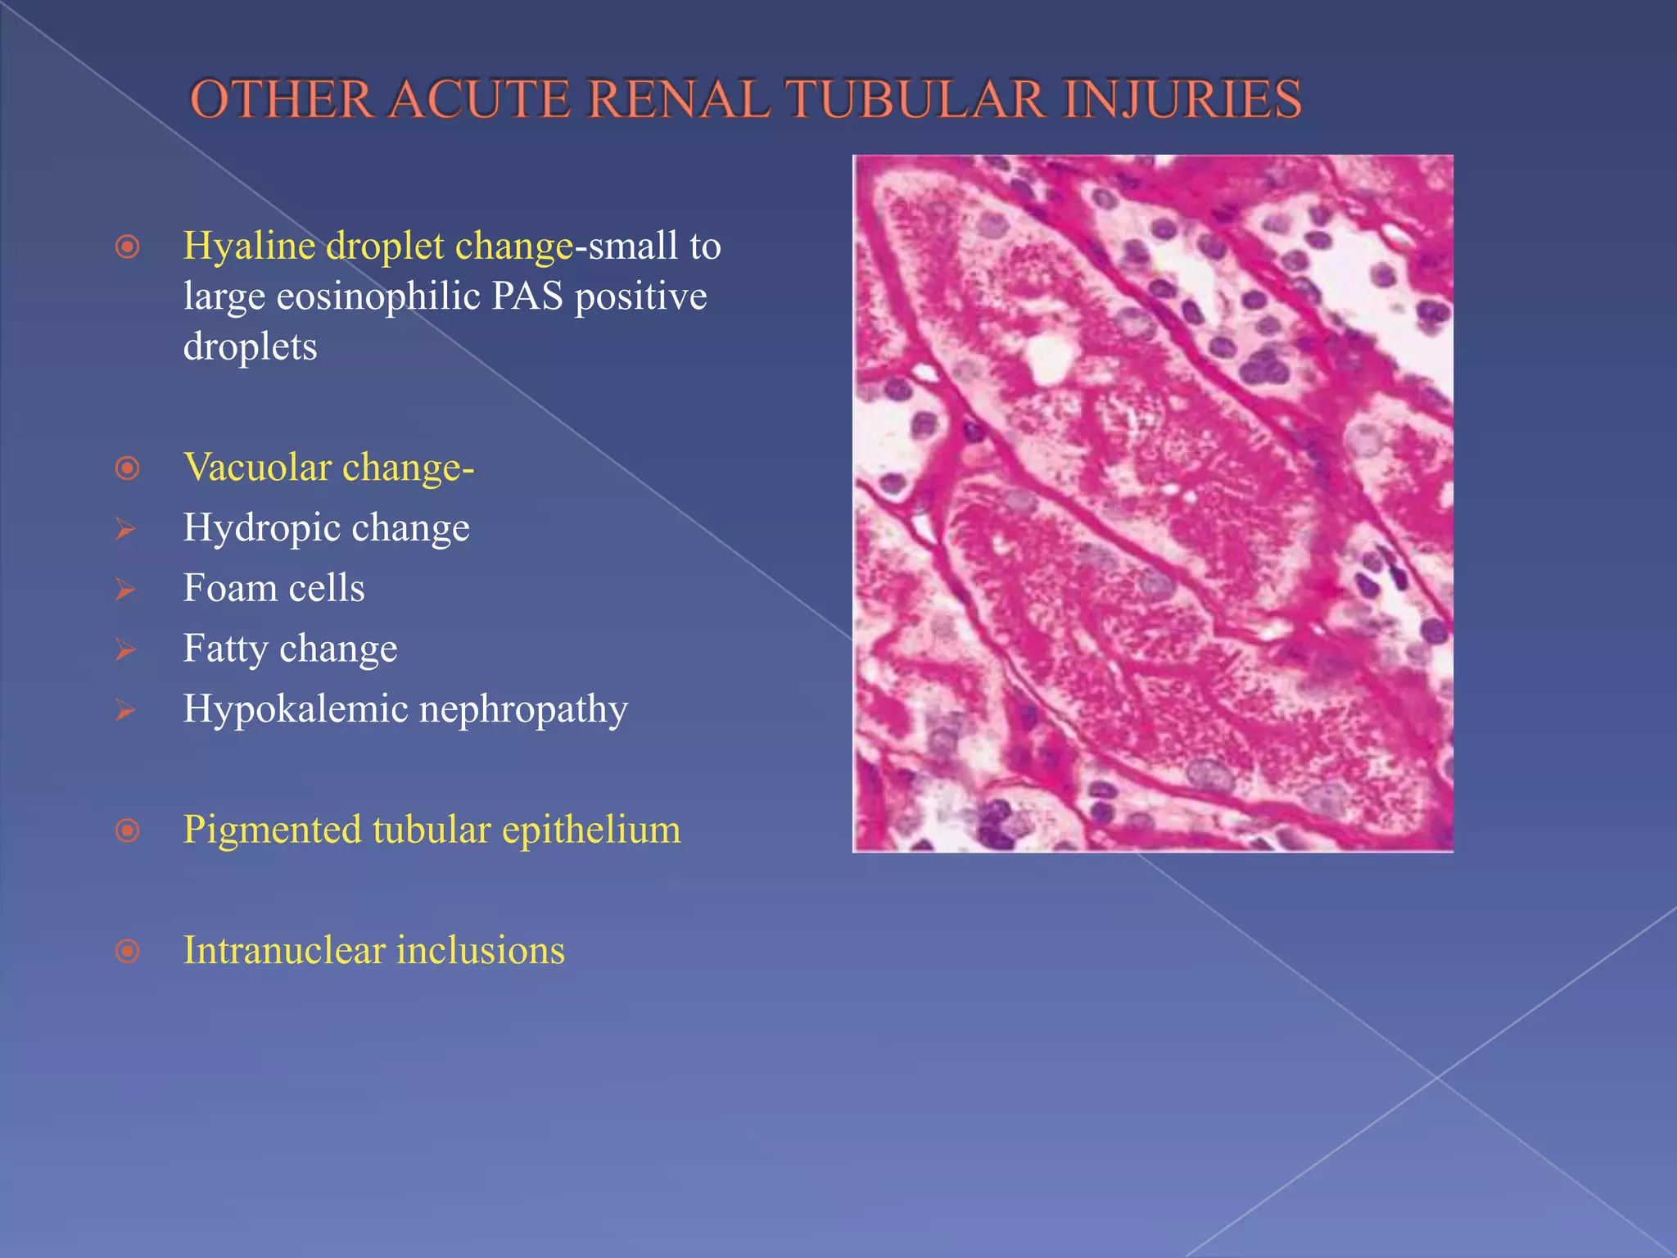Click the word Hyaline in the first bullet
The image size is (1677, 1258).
coord(249,246)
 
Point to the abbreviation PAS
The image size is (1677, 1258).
coord(527,296)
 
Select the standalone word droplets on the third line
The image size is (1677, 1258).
coord(250,346)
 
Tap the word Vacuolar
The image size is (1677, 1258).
coord(257,468)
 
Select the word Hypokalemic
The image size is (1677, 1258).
coord(295,709)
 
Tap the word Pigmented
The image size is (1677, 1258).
coord(272,830)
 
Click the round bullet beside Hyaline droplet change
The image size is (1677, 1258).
coord(128,247)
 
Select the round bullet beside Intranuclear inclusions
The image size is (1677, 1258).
coord(128,951)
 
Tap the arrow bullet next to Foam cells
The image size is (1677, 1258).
coord(125,589)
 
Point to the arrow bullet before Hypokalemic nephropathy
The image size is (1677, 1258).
coord(125,709)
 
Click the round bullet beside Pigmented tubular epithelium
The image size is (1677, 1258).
coord(128,830)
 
